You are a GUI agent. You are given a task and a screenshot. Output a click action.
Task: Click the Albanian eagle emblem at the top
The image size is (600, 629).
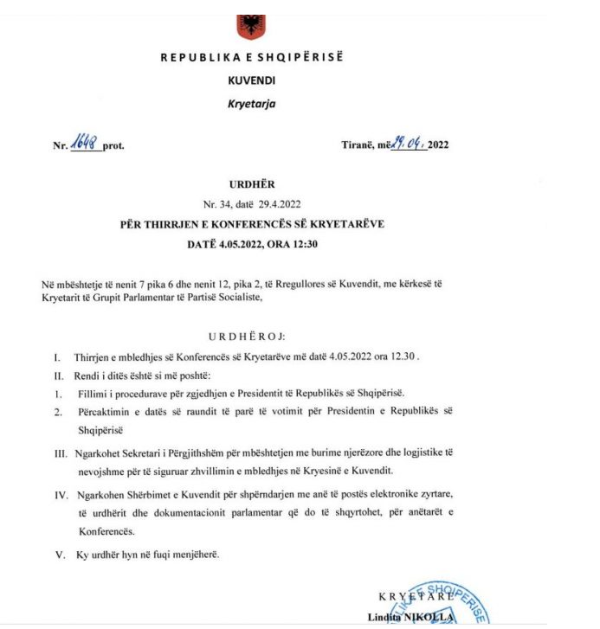coord(252,24)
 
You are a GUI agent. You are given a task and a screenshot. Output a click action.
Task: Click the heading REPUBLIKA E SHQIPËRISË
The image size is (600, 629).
coord(251,58)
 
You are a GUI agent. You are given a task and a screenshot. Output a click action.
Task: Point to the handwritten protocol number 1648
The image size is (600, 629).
coord(87,143)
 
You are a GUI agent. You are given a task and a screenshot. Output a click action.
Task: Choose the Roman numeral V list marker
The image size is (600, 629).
coord(60,555)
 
